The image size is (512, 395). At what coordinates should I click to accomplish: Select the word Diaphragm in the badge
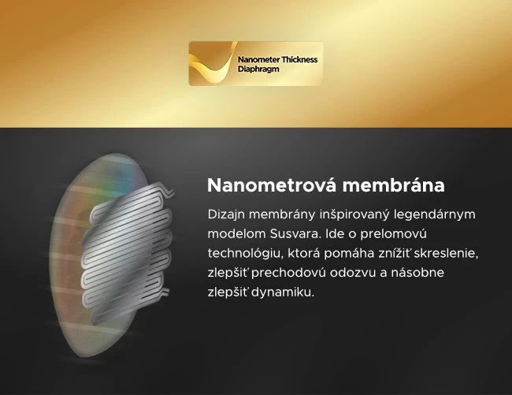(x=258, y=69)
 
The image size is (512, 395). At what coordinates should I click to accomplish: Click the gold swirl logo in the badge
(x=210, y=63)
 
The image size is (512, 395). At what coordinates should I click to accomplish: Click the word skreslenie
(x=448, y=254)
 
